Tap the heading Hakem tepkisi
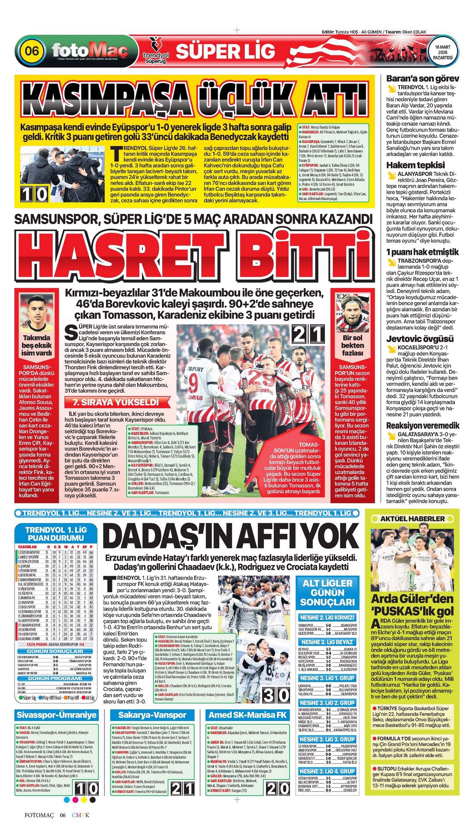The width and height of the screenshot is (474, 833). click(409, 165)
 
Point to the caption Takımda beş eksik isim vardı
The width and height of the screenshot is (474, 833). click(37, 345)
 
